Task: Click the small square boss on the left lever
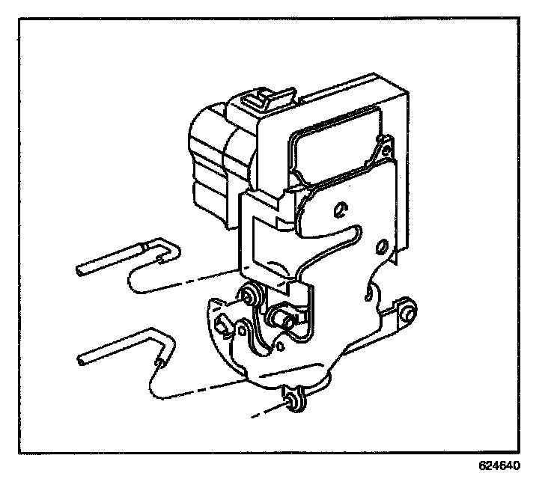point(222,324)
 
